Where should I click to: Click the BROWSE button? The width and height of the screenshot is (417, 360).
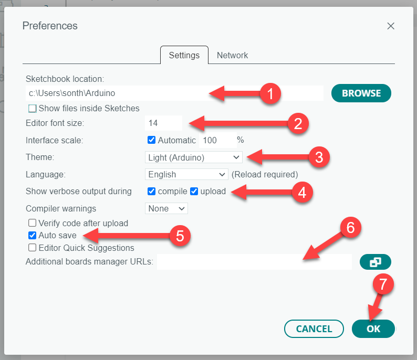point(361,93)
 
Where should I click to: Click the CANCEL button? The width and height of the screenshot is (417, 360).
point(314,329)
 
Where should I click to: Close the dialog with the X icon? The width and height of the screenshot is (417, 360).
point(391,26)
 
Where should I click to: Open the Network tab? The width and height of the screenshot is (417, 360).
point(232,55)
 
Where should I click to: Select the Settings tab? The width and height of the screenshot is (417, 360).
point(184,55)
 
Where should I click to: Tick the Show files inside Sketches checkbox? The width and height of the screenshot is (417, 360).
point(33,109)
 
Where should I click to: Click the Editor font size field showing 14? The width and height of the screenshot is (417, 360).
point(163,123)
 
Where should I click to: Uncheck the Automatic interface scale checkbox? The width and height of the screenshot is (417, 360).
point(151,140)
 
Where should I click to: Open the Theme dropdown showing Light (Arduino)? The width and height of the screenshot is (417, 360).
point(194,157)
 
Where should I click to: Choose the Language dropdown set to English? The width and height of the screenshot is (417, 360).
point(186,174)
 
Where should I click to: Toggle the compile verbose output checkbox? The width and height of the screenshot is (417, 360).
point(151,192)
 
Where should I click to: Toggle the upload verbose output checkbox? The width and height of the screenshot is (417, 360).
point(194,192)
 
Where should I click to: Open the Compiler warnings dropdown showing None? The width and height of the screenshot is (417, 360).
point(166,208)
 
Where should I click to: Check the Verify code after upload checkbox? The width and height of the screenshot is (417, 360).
point(32,223)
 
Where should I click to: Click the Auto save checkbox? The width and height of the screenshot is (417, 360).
point(32,236)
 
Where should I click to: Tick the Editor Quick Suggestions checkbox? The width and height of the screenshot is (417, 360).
point(32,248)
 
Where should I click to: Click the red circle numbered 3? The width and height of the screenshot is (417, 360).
point(319,157)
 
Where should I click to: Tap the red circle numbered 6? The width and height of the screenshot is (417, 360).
point(350,228)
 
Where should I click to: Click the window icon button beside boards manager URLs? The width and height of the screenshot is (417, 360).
point(375,262)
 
